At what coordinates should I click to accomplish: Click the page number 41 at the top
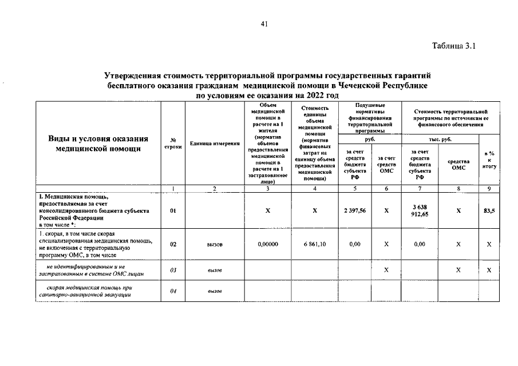click(x=264, y=23)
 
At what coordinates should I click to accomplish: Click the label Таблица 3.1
click(x=456, y=46)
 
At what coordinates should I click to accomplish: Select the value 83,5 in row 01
click(x=489, y=210)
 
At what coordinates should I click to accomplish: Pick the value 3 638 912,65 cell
click(x=420, y=210)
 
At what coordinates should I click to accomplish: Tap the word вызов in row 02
click(x=215, y=244)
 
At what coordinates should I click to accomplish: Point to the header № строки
click(x=172, y=144)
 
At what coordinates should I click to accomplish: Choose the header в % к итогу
click(x=489, y=160)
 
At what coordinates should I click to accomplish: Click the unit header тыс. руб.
click(x=440, y=139)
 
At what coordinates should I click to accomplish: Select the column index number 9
click(x=489, y=188)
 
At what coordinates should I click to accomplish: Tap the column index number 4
click(x=314, y=188)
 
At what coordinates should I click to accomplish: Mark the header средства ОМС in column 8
click(x=458, y=164)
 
